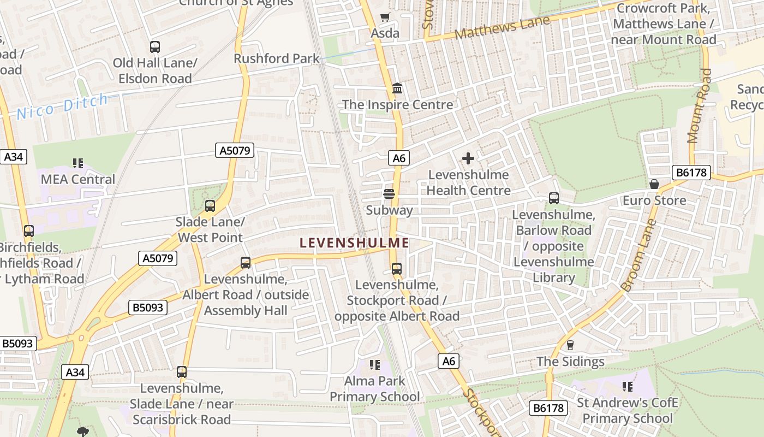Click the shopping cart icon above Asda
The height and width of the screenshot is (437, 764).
point(385,17)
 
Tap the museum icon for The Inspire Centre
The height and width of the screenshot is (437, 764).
point(397,88)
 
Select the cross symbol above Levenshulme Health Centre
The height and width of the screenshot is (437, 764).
point(468,158)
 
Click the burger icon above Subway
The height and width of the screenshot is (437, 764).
point(389,193)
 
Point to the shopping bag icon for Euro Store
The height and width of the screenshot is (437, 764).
point(654,184)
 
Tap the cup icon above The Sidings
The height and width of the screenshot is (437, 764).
point(570,345)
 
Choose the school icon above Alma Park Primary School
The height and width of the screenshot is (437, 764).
point(374,364)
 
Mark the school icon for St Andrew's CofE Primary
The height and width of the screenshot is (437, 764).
point(628,387)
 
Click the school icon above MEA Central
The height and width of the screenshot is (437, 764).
point(77,163)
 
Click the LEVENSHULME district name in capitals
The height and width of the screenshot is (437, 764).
point(355,243)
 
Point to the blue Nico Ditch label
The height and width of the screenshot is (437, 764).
point(62,106)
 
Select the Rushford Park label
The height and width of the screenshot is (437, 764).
point(277,58)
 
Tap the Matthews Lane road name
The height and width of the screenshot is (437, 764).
point(502,27)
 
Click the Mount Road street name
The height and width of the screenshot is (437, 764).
point(700,105)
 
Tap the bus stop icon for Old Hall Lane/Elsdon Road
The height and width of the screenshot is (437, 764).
point(155,47)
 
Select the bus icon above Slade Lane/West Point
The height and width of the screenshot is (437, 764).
point(210,206)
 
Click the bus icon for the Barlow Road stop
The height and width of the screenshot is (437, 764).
point(553,198)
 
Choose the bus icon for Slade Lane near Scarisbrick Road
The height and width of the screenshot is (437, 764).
point(182,372)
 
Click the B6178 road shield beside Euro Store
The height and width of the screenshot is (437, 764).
point(691,173)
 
